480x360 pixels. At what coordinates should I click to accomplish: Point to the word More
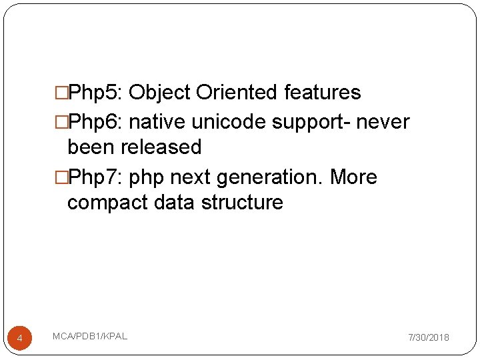353,178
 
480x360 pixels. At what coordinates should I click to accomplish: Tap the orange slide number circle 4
19,339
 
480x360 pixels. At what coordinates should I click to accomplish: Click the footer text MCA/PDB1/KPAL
89,336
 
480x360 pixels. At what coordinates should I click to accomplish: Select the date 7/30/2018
429,338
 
